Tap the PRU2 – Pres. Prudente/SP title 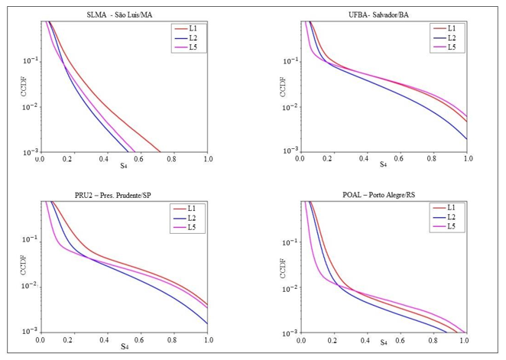pyautogui.click(x=125, y=193)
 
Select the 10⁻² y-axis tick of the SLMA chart pyautogui.click(x=31, y=107)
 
